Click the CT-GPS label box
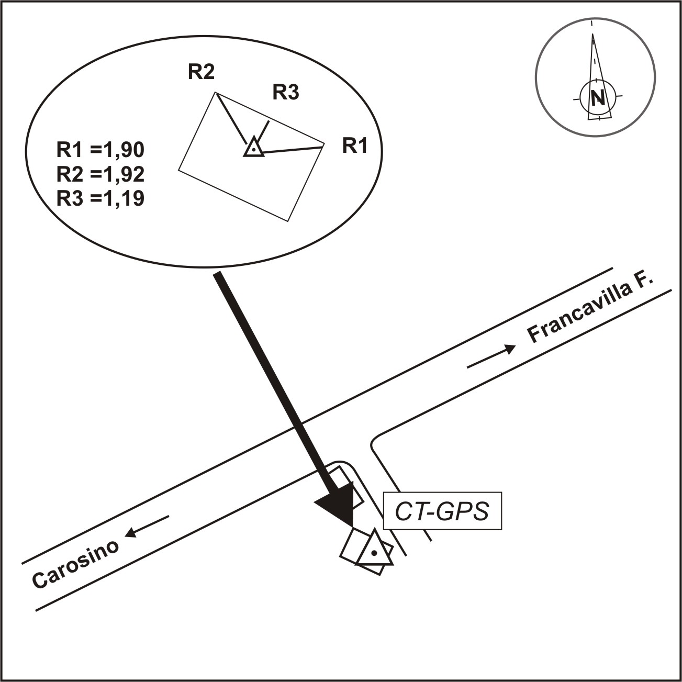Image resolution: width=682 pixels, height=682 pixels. pos(442,511)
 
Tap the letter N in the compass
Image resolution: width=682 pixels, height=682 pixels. pos(597,97)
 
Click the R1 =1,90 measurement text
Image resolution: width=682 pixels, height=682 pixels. pos(100,150)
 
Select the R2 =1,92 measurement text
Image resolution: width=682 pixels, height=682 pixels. pos(100,174)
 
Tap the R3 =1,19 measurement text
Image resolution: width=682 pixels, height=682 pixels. pos(100,198)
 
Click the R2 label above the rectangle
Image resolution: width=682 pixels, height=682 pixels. pos(202,72)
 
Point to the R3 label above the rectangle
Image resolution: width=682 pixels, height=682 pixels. pos(285,93)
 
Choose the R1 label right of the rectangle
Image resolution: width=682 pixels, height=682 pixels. pos(355,147)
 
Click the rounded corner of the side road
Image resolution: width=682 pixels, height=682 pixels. pos(376,441)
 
